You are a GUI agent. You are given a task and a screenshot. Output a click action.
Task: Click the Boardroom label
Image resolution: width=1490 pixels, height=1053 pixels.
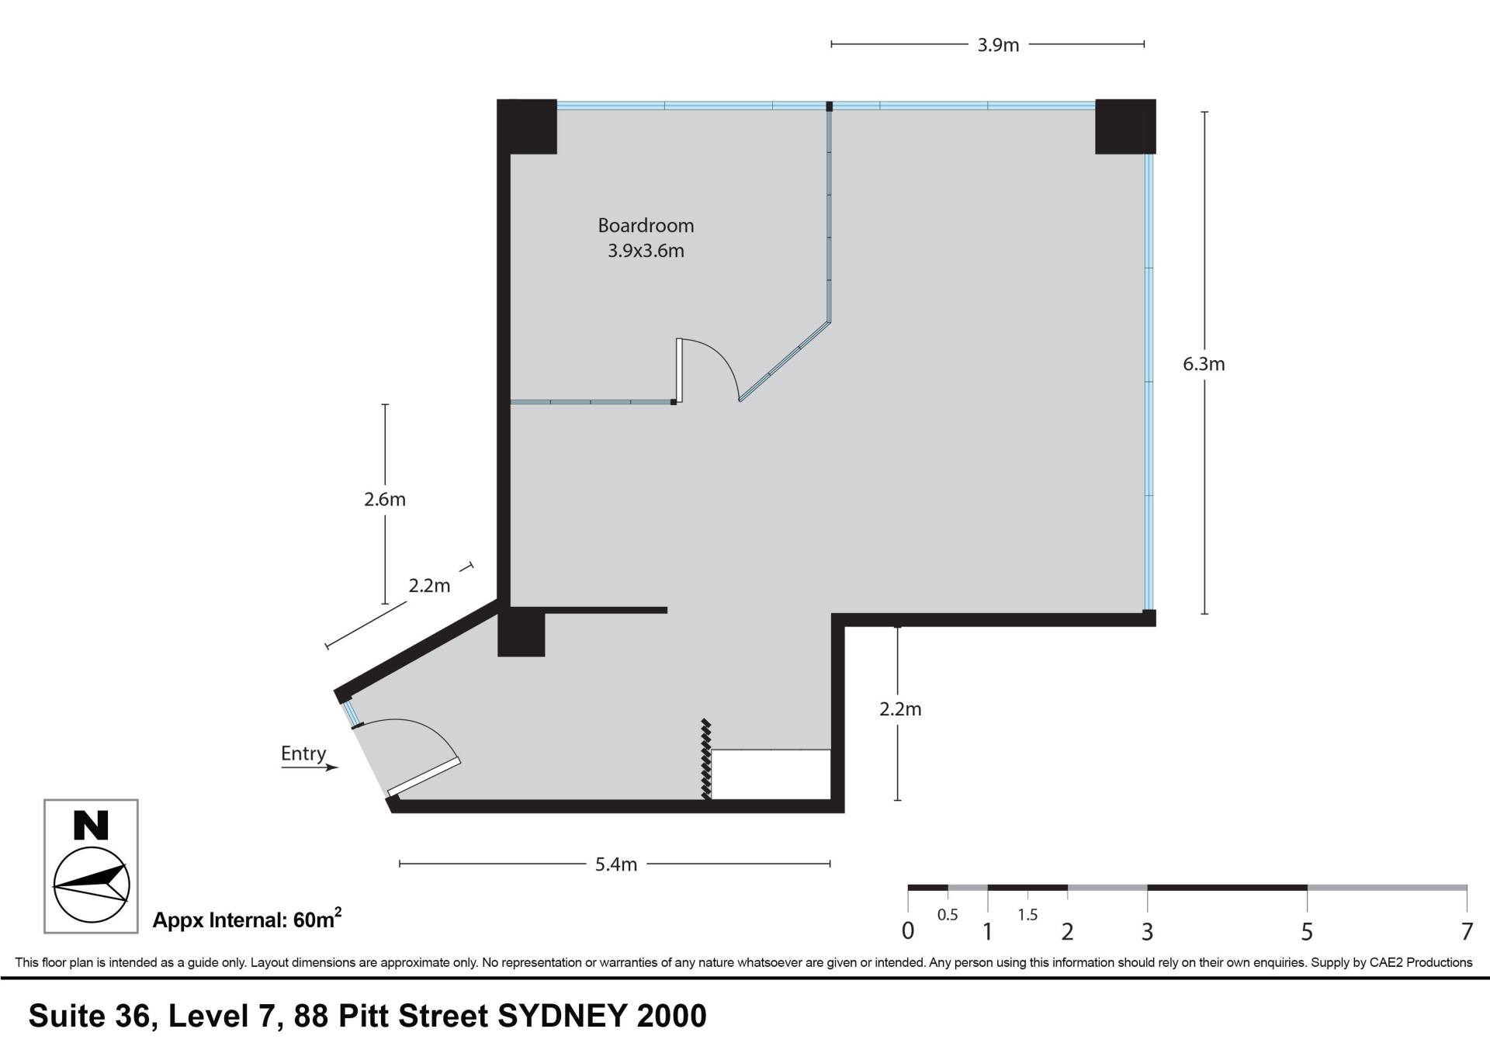[646, 226]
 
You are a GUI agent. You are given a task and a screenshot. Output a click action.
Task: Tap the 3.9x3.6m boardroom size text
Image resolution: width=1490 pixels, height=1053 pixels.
[646, 251]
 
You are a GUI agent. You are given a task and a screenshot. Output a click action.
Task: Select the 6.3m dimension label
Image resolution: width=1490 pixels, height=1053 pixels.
[1204, 364]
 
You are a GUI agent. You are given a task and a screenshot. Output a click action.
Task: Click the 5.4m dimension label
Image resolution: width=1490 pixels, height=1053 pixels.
[616, 864]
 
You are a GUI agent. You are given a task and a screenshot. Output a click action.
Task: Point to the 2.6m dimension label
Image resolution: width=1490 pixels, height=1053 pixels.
[385, 500]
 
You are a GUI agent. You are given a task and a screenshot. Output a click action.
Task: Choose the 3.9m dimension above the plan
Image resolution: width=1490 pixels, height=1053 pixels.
[998, 45]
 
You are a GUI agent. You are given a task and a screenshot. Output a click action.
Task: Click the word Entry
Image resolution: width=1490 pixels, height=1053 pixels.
[303, 753]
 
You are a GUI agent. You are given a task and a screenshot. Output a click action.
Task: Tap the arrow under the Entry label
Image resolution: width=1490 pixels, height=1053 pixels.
[310, 767]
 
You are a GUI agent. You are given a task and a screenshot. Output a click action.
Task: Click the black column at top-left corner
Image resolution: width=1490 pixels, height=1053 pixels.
[527, 126]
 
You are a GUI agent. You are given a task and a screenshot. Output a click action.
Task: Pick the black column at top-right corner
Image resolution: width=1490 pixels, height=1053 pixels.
[1125, 126]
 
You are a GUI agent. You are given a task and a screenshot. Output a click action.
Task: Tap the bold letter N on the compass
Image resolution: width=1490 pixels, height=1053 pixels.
[91, 826]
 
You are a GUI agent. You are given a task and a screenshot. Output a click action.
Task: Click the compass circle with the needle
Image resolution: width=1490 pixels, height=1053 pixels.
[91, 885]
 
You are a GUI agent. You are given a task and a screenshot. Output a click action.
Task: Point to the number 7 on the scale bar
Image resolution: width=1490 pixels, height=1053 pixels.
[1467, 931]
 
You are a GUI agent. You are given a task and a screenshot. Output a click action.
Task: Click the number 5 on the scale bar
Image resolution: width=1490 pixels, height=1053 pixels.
[1307, 931]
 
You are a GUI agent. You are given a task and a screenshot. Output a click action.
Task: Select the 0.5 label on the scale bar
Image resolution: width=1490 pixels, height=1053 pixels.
[948, 915]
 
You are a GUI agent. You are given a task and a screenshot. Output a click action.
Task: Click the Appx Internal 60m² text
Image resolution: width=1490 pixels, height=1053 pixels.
[247, 919]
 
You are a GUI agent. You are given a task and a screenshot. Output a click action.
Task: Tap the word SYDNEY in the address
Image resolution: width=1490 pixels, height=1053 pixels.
[563, 1016]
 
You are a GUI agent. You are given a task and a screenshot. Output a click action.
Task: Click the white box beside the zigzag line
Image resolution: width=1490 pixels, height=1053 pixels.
[771, 774]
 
